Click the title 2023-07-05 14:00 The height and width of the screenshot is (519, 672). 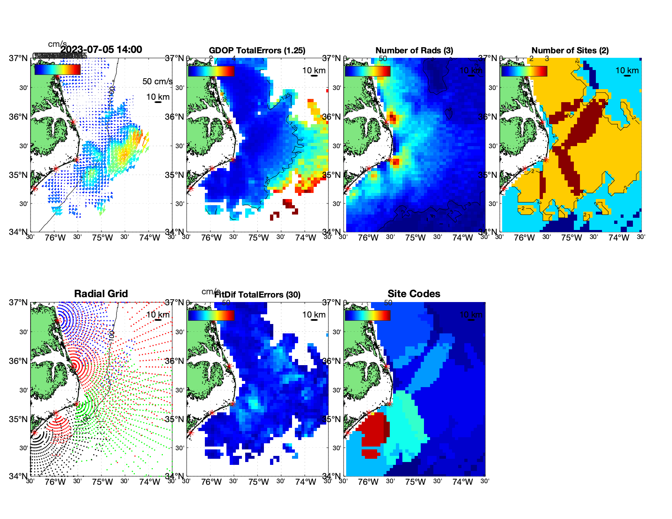pyautogui.click(x=101, y=50)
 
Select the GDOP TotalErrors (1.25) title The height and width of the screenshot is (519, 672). pyautogui.click(x=257, y=50)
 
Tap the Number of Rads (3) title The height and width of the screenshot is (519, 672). pyautogui.click(x=414, y=50)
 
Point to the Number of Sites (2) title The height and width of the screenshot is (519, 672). pyautogui.click(x=570, y=50)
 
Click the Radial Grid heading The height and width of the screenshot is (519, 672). pyautogui.click(x=101, y=294)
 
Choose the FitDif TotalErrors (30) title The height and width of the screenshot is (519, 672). pyautogui.click(x=257, y=295)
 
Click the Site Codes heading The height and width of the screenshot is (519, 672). pyautogui.click(x=414, y=294)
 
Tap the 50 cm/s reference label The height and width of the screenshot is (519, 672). pyautogui.click(x=157, y=81)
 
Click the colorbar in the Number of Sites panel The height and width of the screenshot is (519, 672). pyautogui.click(x=524, y=71)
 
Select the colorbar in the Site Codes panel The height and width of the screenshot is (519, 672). pyautogui.click(x=367, y=315)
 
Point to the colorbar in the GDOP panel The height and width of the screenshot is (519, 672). pyautogui.click(x=211, y=71)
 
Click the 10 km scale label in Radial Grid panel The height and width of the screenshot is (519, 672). pyautogui.click(x=158, y=315)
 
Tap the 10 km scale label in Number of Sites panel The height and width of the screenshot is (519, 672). pyautogui.click(x=627, y=70)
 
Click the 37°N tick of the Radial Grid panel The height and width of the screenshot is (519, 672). pyautogui.click(x=18, y=302)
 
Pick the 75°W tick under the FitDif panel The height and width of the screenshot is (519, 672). pyautogui.click(x=259, y=482)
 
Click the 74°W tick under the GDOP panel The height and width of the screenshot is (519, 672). pyautogui.click(x=306, y=238)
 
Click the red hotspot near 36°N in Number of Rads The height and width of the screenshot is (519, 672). pyautogui.click(x=392, y=118)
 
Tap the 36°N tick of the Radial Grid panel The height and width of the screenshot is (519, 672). pyautogui.click(x=18, y=361)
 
